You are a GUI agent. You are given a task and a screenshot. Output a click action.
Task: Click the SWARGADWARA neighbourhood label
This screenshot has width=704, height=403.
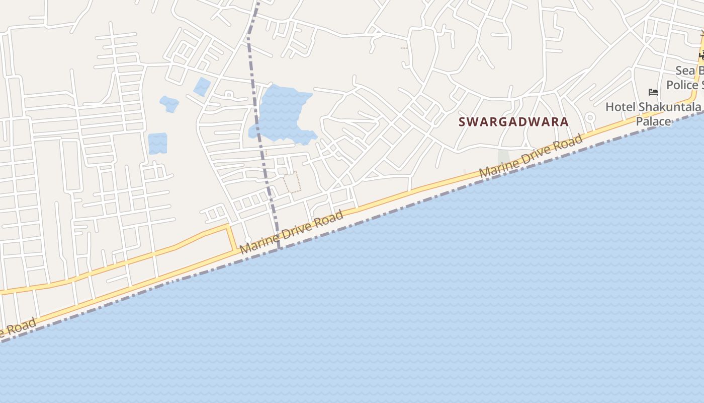pos(513,122)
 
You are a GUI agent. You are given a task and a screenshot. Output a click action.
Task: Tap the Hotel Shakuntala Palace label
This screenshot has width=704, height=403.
pos(653,114)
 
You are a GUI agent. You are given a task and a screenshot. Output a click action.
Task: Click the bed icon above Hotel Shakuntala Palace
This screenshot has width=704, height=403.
pos(653,92)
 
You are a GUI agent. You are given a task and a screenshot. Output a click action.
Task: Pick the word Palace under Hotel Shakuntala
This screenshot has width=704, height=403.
pos(653,121)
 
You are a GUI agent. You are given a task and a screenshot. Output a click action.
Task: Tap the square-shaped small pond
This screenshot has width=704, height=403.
pos(157,143)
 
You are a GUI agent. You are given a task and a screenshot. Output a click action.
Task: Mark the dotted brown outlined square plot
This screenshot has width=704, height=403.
pos(292,182)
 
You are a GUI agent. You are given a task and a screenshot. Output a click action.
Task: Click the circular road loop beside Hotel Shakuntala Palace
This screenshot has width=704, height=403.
pos(590,118)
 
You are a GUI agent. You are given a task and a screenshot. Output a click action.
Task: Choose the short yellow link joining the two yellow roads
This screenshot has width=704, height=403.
pos(232,238)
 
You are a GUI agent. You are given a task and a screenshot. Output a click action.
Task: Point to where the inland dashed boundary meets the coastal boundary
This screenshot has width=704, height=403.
pos(279,248)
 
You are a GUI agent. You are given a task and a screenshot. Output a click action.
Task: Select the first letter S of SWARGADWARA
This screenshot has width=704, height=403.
pos(462,122)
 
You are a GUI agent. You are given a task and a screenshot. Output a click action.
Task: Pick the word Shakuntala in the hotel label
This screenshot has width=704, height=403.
pos(671,107)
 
